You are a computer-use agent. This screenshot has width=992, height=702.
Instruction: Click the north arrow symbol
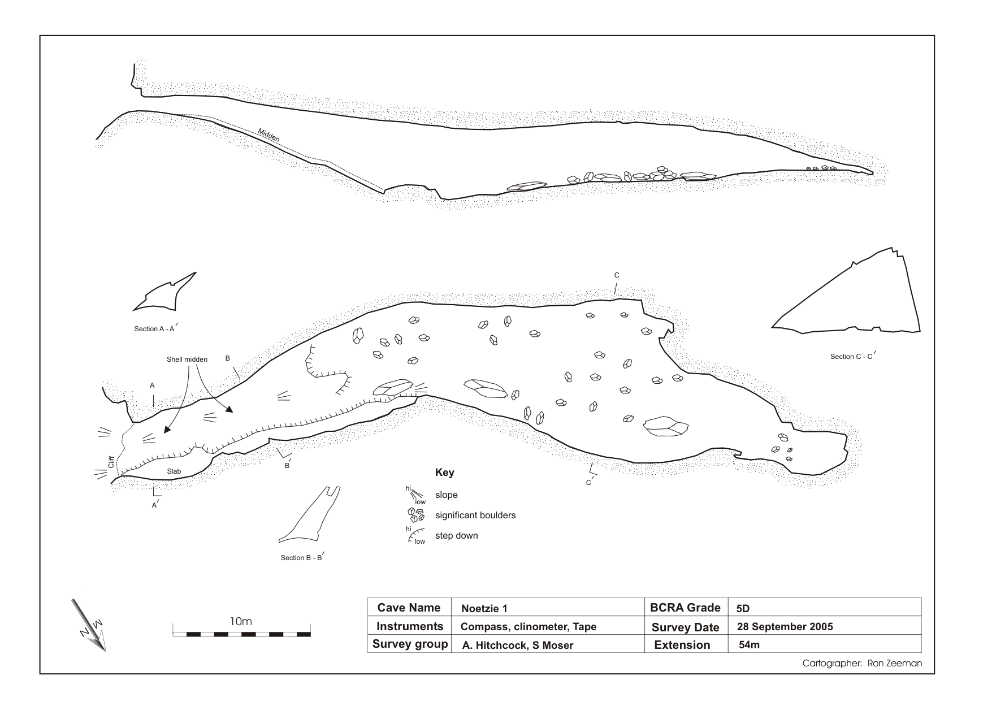tap(89, 625)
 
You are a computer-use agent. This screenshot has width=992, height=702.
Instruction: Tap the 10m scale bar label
tap(241, 621)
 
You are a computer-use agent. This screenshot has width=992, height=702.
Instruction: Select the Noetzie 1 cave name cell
tap(484, 608)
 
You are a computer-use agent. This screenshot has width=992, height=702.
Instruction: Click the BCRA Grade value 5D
tap(743, 608)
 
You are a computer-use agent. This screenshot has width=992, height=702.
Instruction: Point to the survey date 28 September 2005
tap(785, 626)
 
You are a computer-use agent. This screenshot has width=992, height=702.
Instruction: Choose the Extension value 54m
tap(749, 644)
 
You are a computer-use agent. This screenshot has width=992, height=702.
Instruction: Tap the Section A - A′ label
tap(157, 328)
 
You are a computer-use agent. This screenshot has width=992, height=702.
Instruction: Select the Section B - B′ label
tap(302, 557)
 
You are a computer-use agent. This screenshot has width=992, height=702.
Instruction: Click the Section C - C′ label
tap(852, 356)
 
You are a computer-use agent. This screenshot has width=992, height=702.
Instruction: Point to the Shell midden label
tap(187, 359)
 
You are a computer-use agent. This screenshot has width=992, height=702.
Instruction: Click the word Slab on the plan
tap(174, 471)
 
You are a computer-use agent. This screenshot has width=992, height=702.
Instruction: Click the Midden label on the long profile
tap(268, 135)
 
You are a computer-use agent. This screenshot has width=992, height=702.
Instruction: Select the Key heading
tap(444, 473)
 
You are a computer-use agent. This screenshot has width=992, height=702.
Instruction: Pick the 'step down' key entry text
tap(456, 536)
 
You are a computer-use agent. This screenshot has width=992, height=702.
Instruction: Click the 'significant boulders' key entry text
tap(475, 515)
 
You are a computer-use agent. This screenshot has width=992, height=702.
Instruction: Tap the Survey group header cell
tap(410, 644)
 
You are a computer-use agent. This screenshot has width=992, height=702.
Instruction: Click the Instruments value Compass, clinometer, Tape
tap(529, 627)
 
